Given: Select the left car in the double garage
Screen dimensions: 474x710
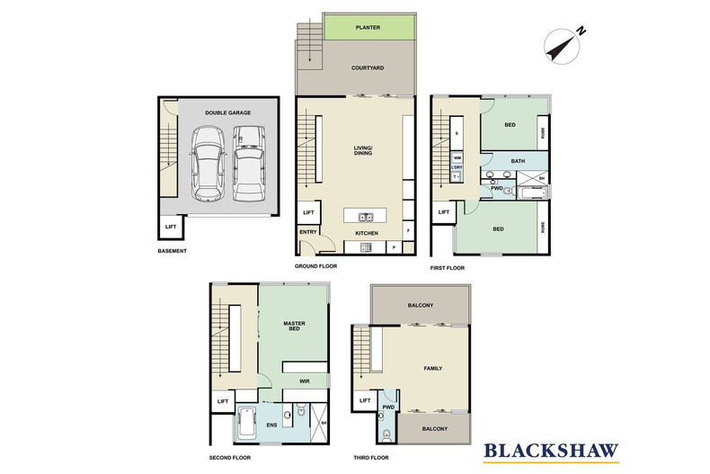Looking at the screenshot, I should (x=208, y=162).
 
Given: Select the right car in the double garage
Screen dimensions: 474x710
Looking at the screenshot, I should (x=248, y=162).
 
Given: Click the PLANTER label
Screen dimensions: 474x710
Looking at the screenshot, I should (x=368, y=28).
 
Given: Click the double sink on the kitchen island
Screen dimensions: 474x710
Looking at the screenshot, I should (x=365, y=217).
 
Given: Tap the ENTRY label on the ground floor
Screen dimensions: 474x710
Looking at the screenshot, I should (x=308, y=233).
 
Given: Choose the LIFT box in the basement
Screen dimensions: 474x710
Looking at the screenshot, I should (x=169, y=228).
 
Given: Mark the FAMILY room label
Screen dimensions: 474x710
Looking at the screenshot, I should (x=433, y=369).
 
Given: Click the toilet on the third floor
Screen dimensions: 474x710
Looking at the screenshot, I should (x=386, y=436).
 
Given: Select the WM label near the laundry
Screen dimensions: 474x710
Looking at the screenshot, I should (x=457, y=158).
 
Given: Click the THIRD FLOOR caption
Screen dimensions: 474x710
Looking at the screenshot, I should (x=370, y=456).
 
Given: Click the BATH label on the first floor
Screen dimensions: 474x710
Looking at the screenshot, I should (x=518, y=161).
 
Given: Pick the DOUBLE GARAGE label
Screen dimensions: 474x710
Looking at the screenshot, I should (x=227, y=112).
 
